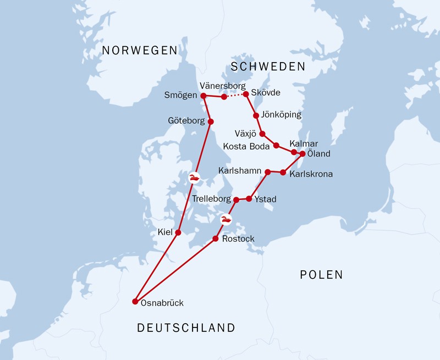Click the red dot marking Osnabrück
[135, 301]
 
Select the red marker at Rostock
[216, 239]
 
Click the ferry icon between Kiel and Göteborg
[194, 177]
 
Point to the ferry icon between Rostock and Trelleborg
[226, 220]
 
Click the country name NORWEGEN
[140, 51]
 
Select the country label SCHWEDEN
[268, 67]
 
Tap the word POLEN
[321, 275]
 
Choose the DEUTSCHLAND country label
[186, 328]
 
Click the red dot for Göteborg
[210, 121]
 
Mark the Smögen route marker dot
[203, 96]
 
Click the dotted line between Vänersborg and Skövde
[235, 96]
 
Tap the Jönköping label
[282, 115]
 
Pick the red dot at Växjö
[262, 134]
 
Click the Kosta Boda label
[247, 146]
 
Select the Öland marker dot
[302, 153]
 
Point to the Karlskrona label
[311, 174]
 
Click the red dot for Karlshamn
[268, 172]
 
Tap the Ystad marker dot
[249, 198]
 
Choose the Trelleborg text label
[212, 199]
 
